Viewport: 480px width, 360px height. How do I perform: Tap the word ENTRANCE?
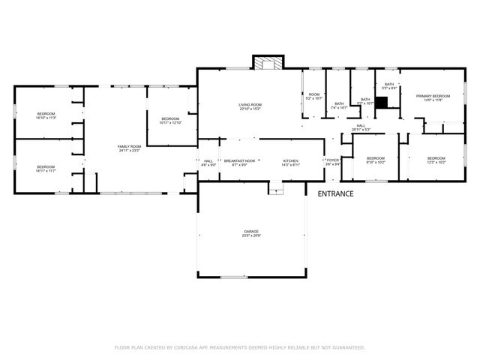[x=335, y=193]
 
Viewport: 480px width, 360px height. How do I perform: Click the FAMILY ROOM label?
[x=129, y=148]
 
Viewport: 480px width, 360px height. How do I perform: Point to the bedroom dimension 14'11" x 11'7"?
[x=46, y=170]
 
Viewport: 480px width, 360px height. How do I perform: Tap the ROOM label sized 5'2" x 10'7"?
[x=313, y=97]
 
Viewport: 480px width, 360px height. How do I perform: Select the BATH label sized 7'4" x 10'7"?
[x=339, y=106]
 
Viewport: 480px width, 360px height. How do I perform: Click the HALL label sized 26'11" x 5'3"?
[x=361, y=127]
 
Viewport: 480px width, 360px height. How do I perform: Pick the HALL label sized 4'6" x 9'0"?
[x=208, y=163]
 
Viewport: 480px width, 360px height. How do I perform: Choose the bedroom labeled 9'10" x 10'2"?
[x=375, y=160]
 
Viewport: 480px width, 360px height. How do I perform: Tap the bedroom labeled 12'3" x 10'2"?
[x=436, y=160]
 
